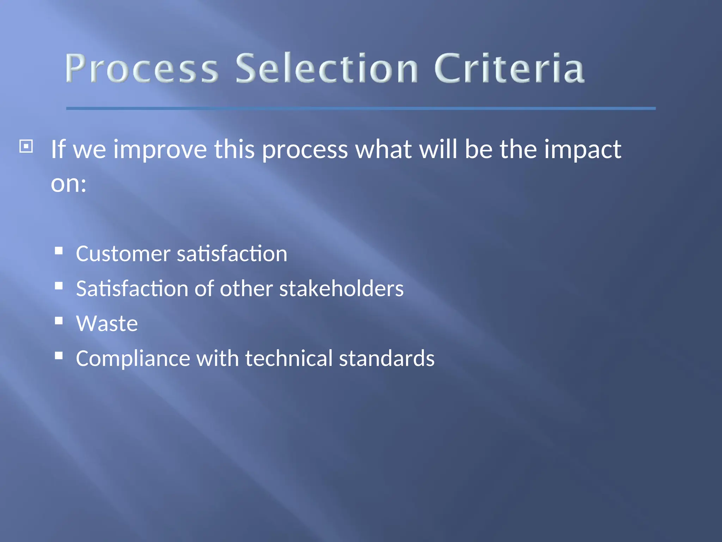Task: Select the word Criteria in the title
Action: click(x=509, y=68)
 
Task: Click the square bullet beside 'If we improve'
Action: click(x=26, y=146)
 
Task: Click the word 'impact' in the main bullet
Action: click(x=582, y=150)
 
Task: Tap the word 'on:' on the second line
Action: click(x=68, y=184)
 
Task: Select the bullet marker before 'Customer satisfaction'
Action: click(x=59, y=251)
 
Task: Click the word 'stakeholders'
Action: click(x=341, y=289)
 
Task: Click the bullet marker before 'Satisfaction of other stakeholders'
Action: click(x=59, y=285)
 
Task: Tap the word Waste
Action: click(x=107, y=324)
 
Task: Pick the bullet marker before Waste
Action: click(x=59, y=320)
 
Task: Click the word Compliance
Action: click(x=133, y=359)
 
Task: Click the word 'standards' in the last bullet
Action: click(x=387, y=359)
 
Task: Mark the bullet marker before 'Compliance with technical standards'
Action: click(x=59, y=355)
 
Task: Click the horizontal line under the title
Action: click(x=361, y=108)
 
